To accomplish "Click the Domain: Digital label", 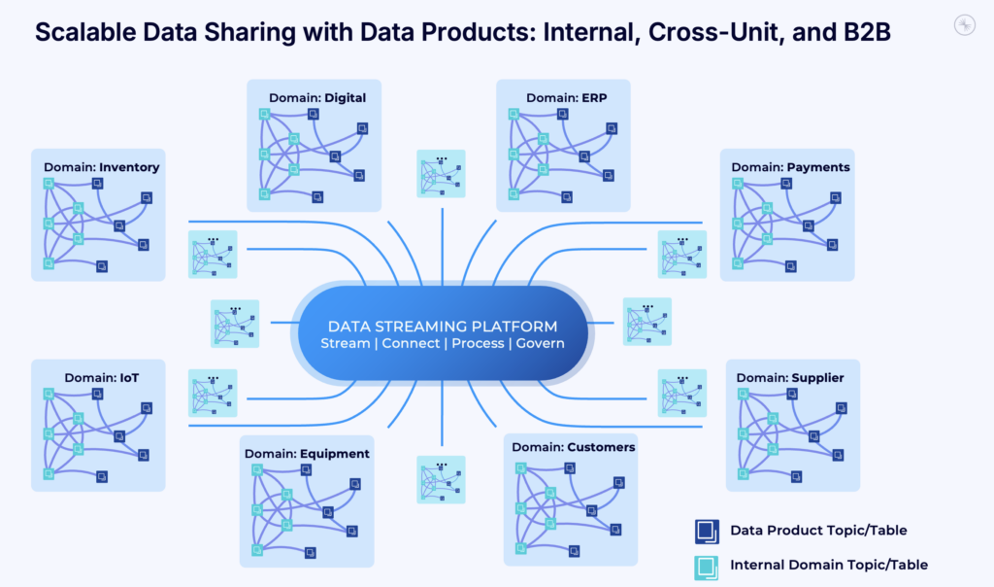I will click(x=317, y=97).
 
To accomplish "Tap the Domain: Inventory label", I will click(x=101, y=167).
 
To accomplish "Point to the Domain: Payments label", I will click(x=790, y=167).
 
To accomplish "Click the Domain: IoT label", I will click(x=101, y=377).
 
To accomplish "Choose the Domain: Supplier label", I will click(x=789, y=377).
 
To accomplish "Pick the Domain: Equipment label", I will click(x=307, y=454).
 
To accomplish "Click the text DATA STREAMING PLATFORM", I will click(x=443, y=326).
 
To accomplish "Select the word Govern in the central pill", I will click(x=539, y=344).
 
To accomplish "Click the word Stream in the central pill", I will click(x=346, y=344).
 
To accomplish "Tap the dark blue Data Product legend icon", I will click(x=706, y=531).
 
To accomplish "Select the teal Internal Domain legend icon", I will click(x=706, y=566).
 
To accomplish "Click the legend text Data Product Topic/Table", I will click(x=818, y=531).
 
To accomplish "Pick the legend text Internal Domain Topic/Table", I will click(x=828, y=565).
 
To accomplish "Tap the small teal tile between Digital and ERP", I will click(x=441, y=174).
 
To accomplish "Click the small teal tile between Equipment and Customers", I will click(x=441, y=480).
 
